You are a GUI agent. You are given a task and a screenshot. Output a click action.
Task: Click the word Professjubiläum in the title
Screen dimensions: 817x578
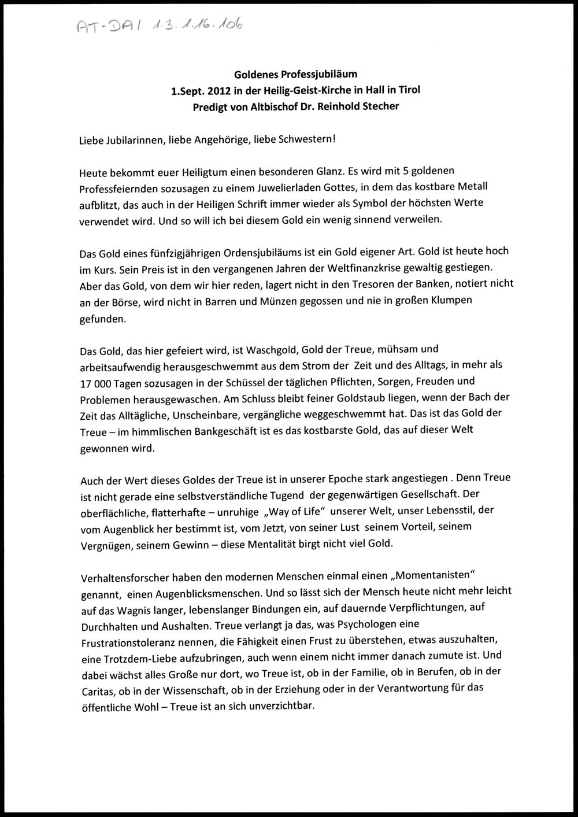point(327,74)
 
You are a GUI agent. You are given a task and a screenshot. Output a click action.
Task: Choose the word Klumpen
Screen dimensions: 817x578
point(451,301)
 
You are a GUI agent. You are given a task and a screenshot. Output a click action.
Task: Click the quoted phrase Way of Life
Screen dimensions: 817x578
point(297,512)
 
